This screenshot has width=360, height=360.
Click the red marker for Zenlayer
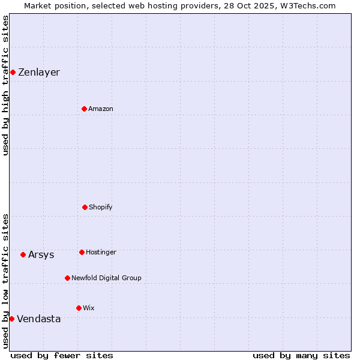pos(13,73)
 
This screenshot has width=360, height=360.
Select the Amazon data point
pos(84,109)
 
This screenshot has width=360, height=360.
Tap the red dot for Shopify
pos(85,207)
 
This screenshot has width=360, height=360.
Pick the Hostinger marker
pos(82,252)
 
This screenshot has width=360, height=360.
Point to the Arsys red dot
pos(23,254)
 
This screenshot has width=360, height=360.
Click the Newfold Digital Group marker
pos(67,278)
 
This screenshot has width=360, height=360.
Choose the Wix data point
pos(79,308)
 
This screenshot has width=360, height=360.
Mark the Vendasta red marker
pos(11,319)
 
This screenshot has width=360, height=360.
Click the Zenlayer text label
pos(39,73)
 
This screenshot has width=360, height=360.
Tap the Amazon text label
pos(101,109)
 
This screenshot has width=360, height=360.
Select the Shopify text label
pos(101,207)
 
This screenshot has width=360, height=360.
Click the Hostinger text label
pos(101,252)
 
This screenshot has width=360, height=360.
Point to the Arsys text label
pos(41,254)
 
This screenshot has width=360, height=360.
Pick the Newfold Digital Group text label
pos(106,278)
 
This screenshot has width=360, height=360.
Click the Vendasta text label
pos(39,319)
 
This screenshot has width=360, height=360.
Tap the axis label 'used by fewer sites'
pos(62,355)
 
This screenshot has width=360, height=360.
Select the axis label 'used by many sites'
pos(301,355)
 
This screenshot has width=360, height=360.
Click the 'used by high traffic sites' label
pos(5,85)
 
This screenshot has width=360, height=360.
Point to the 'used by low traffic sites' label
pos(5,281)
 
